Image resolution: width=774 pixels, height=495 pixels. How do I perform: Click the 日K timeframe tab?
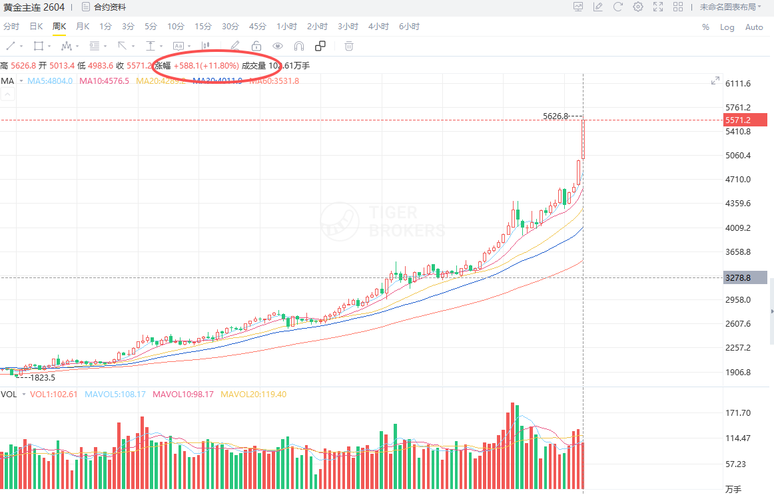pos(36,27)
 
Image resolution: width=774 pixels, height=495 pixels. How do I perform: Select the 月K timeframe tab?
pos(83,27)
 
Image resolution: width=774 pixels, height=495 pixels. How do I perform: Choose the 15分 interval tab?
pos(203,27)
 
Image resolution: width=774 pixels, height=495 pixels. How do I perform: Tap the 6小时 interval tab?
pos(409,27)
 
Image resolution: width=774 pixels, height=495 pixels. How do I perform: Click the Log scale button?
pos(727,27)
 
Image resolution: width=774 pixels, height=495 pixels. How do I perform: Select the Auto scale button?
pos(754,27)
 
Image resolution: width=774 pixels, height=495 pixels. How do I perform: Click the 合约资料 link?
pos(109,7)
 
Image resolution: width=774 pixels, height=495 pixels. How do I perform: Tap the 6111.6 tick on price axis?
pos(738,84)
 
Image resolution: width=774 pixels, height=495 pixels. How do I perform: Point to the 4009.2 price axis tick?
pos(738,228)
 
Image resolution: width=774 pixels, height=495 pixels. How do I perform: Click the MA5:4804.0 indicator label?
pos(50,81)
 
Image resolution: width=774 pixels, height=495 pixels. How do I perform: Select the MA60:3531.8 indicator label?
pos(274,81)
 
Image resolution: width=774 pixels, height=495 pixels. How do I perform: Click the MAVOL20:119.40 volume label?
pos(253,395)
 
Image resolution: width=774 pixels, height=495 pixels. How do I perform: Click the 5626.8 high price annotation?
pos(556,116)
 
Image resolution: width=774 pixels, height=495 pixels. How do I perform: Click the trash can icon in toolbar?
pos(348,46)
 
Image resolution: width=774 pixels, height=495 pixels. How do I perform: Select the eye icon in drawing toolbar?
pos(278,46)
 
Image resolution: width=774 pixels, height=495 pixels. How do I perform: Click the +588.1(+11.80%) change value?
pos(206,66)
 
